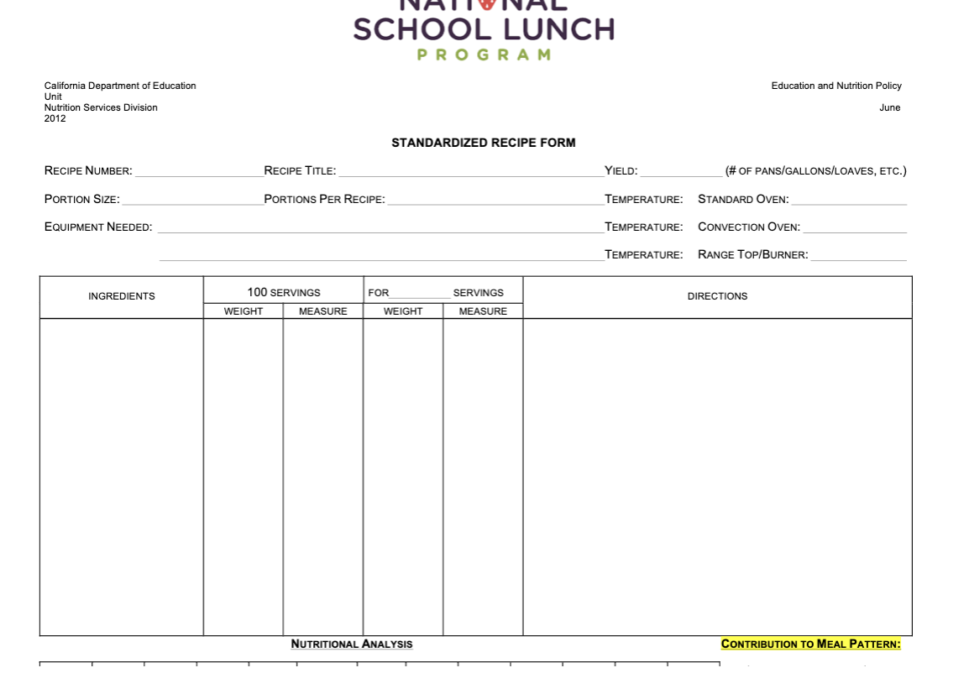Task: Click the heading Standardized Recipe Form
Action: tap(483, 143)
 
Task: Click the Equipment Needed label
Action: tap(98, 227)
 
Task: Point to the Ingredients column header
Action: tap(122, 296)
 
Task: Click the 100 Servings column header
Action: tap(283, 293)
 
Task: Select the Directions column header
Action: tap(717, 296)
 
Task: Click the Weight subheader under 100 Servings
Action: tap(243, 311)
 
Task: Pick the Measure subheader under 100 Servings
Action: tap(323, 311)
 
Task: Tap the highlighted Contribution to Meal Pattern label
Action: tap(810, 644)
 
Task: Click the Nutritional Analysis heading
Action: tap(352, 644)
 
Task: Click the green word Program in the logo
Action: tap(484, 55)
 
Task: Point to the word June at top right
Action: tap(889, 107)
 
